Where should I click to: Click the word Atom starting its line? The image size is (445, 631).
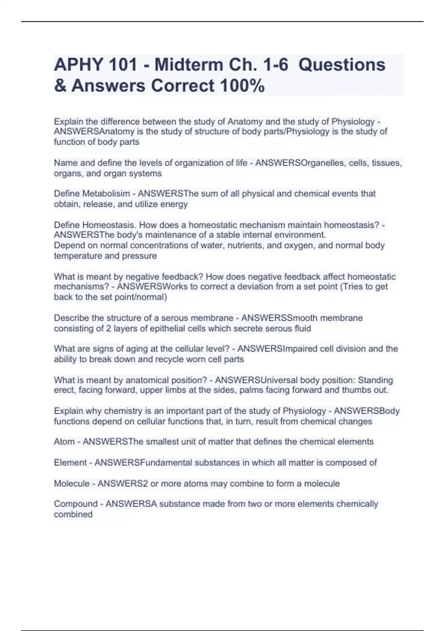[x=64, y=442]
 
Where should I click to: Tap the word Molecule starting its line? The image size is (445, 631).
[x=72, y=484]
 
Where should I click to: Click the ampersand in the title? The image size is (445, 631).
[x=59, y=86]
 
